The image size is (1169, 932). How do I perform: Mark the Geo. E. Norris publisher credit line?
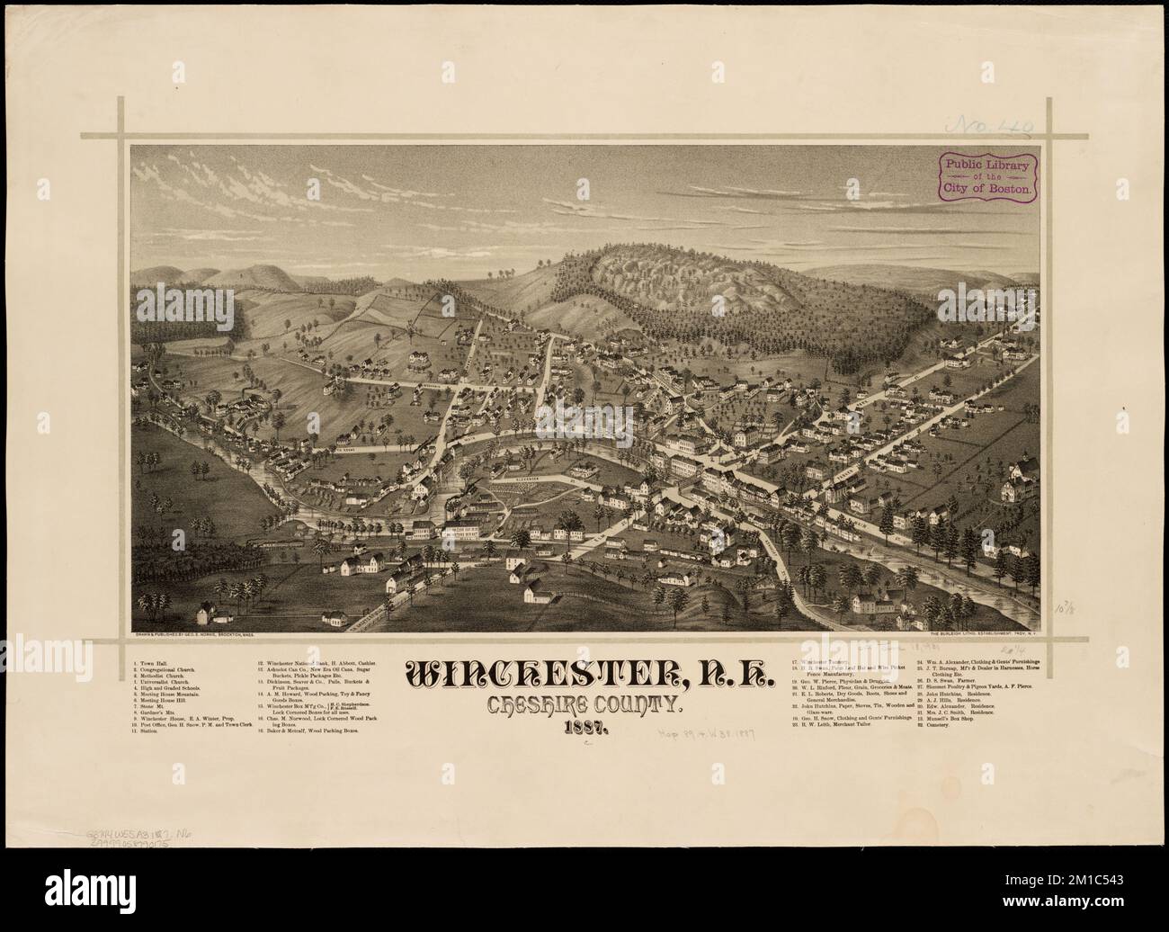pos(193,635)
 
